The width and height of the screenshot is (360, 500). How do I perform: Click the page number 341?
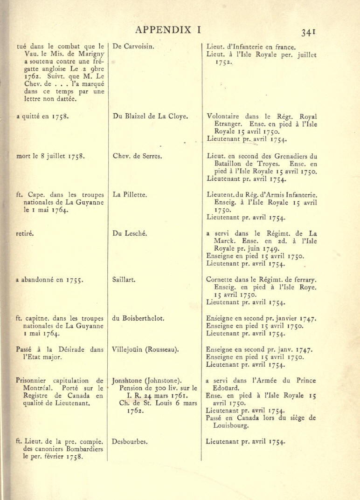click(x=309, y=32)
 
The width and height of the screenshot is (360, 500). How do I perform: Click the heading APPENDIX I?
click(x=168, y=30)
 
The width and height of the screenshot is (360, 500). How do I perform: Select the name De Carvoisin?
click(x=133, y=46)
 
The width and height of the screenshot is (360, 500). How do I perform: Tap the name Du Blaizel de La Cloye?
click(x=150, y=116)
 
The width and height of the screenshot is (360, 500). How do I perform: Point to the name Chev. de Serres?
click(x=137, y=156)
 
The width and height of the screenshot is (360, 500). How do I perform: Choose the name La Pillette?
click(x=130, y=195)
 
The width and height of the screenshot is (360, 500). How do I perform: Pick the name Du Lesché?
click(x=130, y=233)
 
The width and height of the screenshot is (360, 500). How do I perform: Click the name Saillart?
click(x=124, y=280)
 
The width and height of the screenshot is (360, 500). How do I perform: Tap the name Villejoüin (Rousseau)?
click(x=146, y=349)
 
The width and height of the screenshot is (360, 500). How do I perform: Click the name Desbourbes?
click(x=130, y=441)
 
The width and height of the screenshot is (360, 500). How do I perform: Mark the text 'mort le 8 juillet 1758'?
click(x=50, y=157)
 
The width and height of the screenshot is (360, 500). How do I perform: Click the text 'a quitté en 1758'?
click(x=42, y=117)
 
